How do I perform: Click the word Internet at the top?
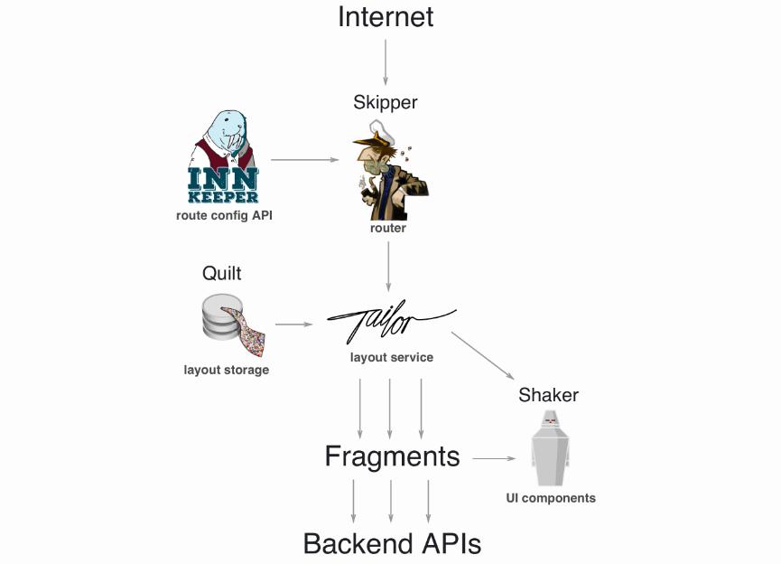click(x=386, y=17)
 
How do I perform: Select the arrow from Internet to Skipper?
click(x=385, y=61)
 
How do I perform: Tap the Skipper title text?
click(x=385, y=102)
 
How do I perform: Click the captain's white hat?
click(x=381, y=131)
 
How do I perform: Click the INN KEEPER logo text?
click(x=223, y=185)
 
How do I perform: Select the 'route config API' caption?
click(x=224, y=216)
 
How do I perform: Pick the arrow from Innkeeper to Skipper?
click(x=305, y=160)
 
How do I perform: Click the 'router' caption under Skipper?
click(x=388, y=228)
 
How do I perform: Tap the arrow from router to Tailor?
click(x=388, y=267)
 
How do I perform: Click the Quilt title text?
click(x=221, y=273)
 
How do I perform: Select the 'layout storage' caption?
click(x=226, y=370)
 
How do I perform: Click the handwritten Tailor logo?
click(x=391, y=322)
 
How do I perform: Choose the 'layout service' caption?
click(x=392, y=358)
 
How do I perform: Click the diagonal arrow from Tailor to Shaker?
click(x=483, y=355)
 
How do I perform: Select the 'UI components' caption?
click(x=551, y=498)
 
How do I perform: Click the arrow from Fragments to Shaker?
click(x=494, y=458)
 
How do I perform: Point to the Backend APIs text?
click(x=392, y=543)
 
